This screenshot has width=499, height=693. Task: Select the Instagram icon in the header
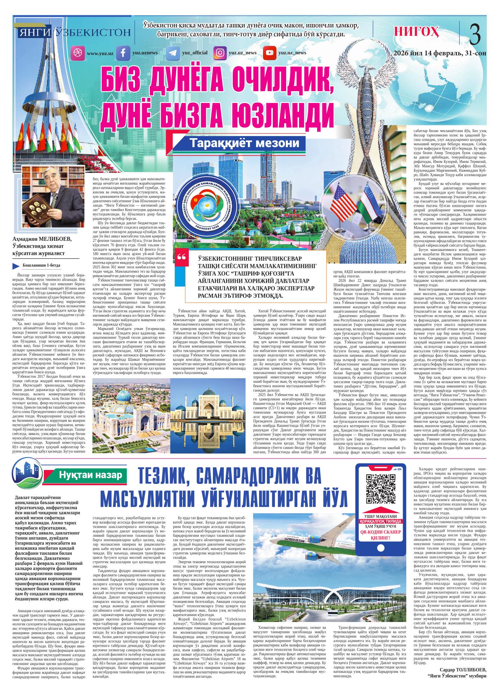point(220,53)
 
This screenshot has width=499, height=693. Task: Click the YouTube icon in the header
point(269,53)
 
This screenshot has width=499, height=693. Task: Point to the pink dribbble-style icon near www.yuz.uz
point(78,53)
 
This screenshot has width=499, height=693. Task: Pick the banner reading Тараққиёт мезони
point(245,144)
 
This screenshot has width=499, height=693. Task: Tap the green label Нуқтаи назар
point(89,475)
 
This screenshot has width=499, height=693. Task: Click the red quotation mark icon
point(182,257)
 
